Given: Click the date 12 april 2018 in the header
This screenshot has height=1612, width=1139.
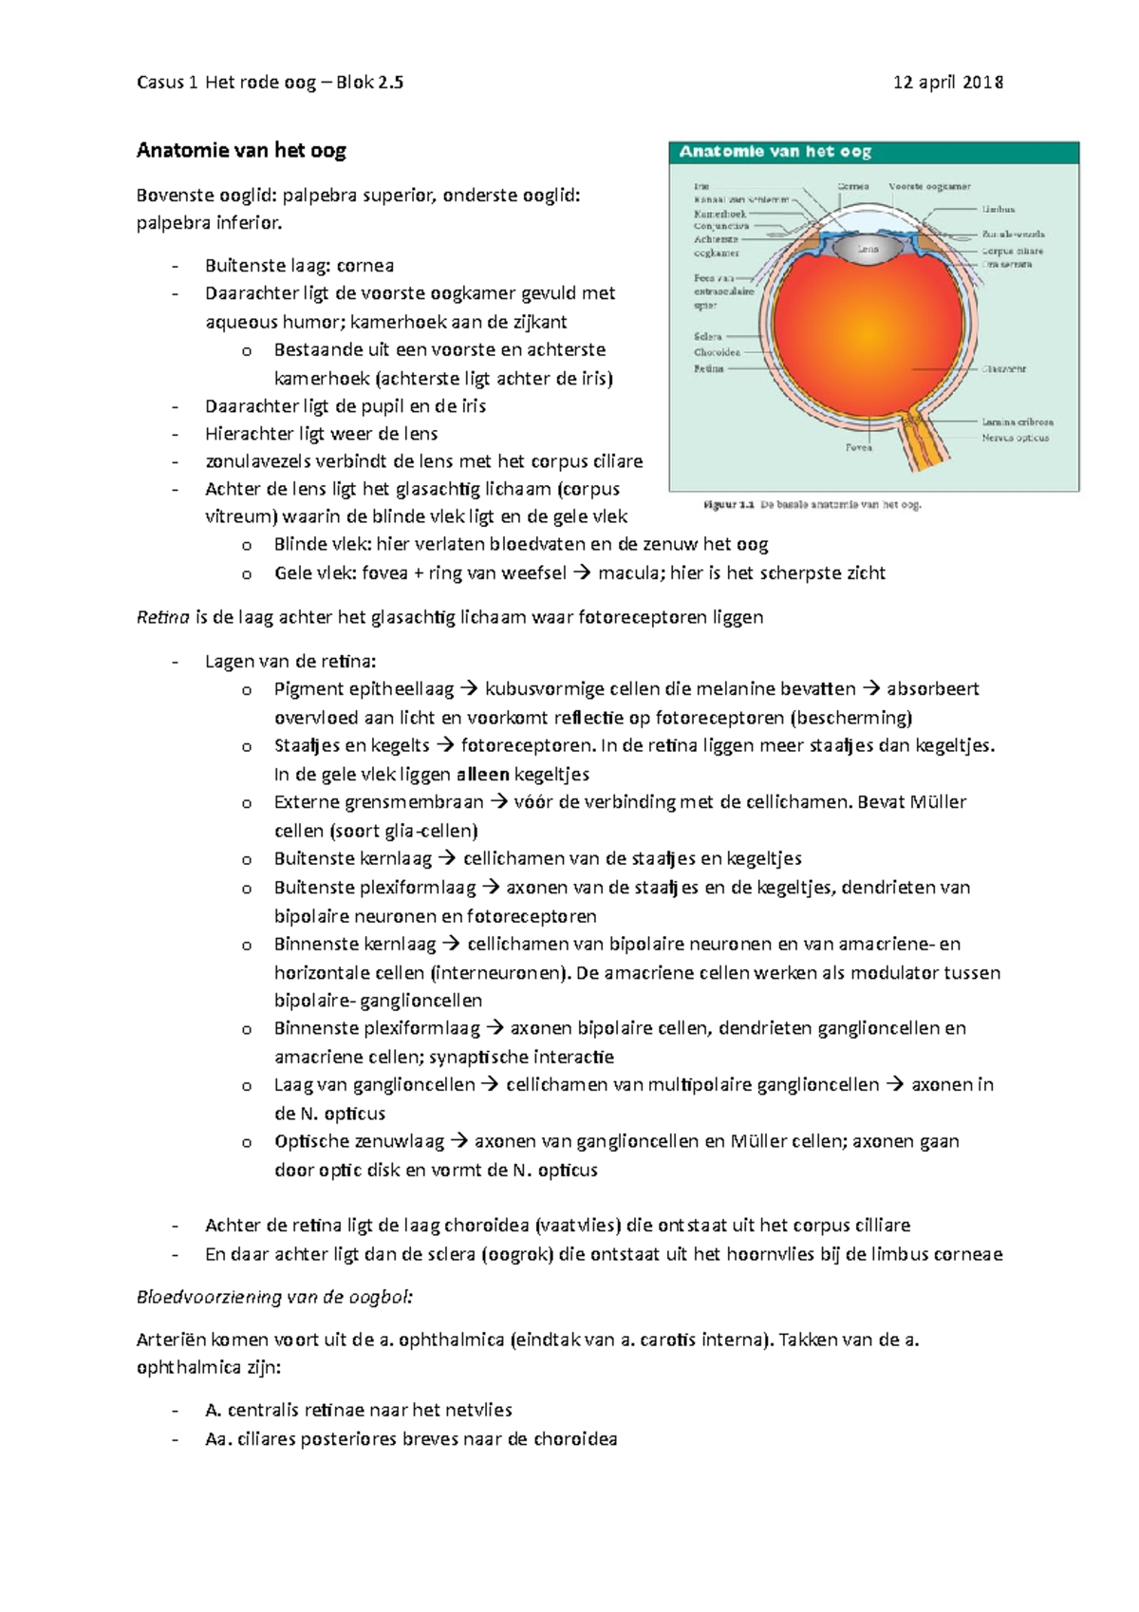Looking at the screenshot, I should (x=947, y=83).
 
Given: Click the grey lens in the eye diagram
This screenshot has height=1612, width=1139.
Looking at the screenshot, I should (x=868, y=250).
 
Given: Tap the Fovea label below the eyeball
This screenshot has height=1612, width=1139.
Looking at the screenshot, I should (x=858, y=447).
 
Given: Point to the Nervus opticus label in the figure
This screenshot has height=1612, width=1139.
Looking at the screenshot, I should (x=1015, y=438).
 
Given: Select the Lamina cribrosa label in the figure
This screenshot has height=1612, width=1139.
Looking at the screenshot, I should (x=1017, y=422).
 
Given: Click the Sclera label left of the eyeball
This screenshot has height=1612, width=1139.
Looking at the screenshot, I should (x=707, y=336).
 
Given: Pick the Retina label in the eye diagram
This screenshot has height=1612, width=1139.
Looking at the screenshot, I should (x=708, y=368).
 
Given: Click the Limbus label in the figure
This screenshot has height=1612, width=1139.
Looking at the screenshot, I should (x=999, y=209).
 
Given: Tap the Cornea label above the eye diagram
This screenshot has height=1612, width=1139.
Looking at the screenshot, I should (x=852, y=186).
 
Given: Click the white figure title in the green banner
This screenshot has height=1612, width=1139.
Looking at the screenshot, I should (x=775, y=152).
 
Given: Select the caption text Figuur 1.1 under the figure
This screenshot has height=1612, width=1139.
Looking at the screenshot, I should (x=729, y=505).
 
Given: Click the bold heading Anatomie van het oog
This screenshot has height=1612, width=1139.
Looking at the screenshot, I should (x=241, y=150).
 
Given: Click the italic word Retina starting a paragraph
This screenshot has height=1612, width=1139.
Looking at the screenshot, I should (x=162, y=617).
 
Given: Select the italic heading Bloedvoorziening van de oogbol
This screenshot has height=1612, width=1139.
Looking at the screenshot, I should (x=275, y=1297).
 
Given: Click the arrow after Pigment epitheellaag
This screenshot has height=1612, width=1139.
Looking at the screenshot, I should (x=470, y=689).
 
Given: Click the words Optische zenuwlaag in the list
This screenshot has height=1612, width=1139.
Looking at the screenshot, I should (x=358, y=1141).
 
